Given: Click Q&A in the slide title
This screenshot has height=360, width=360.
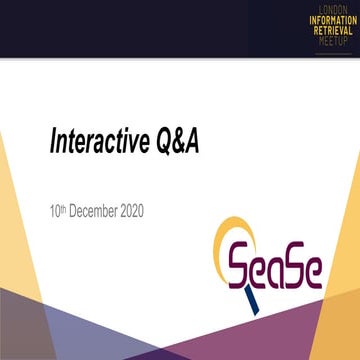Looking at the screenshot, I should coord(175,144).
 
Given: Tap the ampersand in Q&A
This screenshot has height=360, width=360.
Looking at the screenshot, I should coord(176,144).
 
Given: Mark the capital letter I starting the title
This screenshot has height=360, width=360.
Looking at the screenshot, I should coord(53,144).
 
